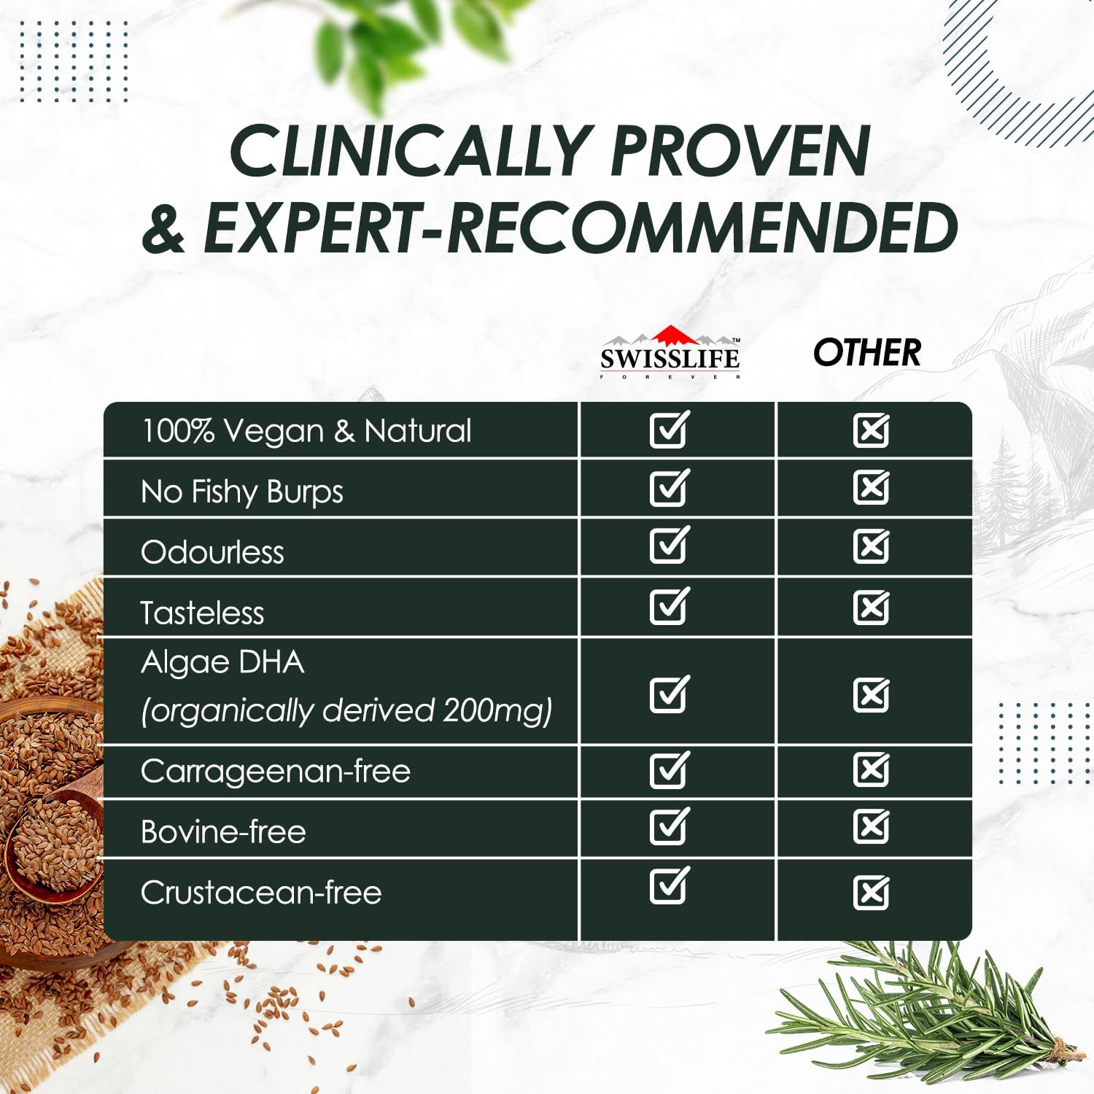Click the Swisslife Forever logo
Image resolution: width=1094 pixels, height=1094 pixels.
coord(670,353)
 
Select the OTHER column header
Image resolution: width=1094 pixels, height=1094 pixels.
coord(867,352)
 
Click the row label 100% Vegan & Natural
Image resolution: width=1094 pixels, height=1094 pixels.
coord(306,430)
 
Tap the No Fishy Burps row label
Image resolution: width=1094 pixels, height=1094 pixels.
coord(241,492)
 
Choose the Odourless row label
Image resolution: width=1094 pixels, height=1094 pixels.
coord(212,552)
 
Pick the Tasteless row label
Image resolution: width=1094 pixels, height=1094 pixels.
coord(202,613)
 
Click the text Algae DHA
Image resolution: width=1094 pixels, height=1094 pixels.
coord(222,663)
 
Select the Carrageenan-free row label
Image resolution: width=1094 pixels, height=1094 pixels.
coord(276,771)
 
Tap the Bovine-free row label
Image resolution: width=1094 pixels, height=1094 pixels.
coord(223,831)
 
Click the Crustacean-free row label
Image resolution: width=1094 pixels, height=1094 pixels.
coord(261,892)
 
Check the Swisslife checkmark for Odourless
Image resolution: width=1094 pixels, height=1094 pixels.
coord(670,545)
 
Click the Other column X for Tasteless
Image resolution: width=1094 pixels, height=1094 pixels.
coord(872,607)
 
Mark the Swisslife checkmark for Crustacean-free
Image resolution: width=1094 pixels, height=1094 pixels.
coord(670,885)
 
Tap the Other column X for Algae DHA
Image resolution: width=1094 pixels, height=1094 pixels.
coord(872,694)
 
